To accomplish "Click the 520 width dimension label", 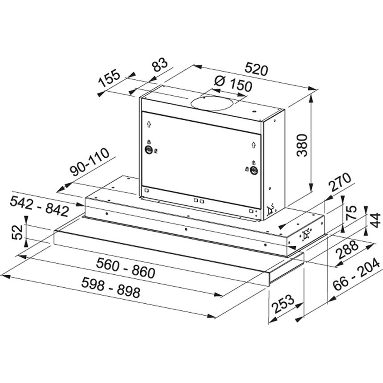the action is click(x=256, y=69).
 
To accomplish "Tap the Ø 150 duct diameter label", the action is click(x=233, y=84).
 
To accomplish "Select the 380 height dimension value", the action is click(x=302, y=145).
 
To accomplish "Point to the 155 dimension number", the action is click(x=109, y=79).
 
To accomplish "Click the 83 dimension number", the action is click(x=160, y=64).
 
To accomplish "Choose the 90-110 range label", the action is click(x=90, y=162).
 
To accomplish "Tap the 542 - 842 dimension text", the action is click(x=39, y=207).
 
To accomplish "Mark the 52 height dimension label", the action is click(x=18, y=232).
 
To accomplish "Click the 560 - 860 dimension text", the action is click(x=126, y=268).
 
